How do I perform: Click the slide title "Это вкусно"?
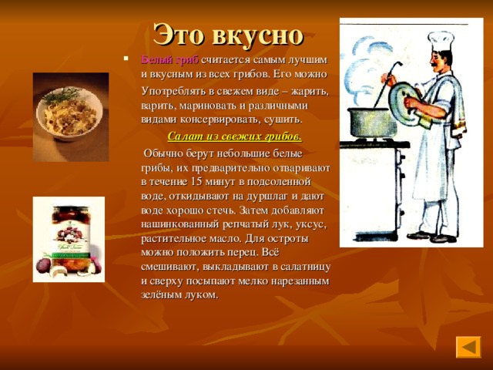point(228,34)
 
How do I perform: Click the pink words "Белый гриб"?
point(169,60)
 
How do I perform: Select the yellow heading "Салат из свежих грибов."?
point(234,137)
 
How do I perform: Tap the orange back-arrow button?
point(468,346)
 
